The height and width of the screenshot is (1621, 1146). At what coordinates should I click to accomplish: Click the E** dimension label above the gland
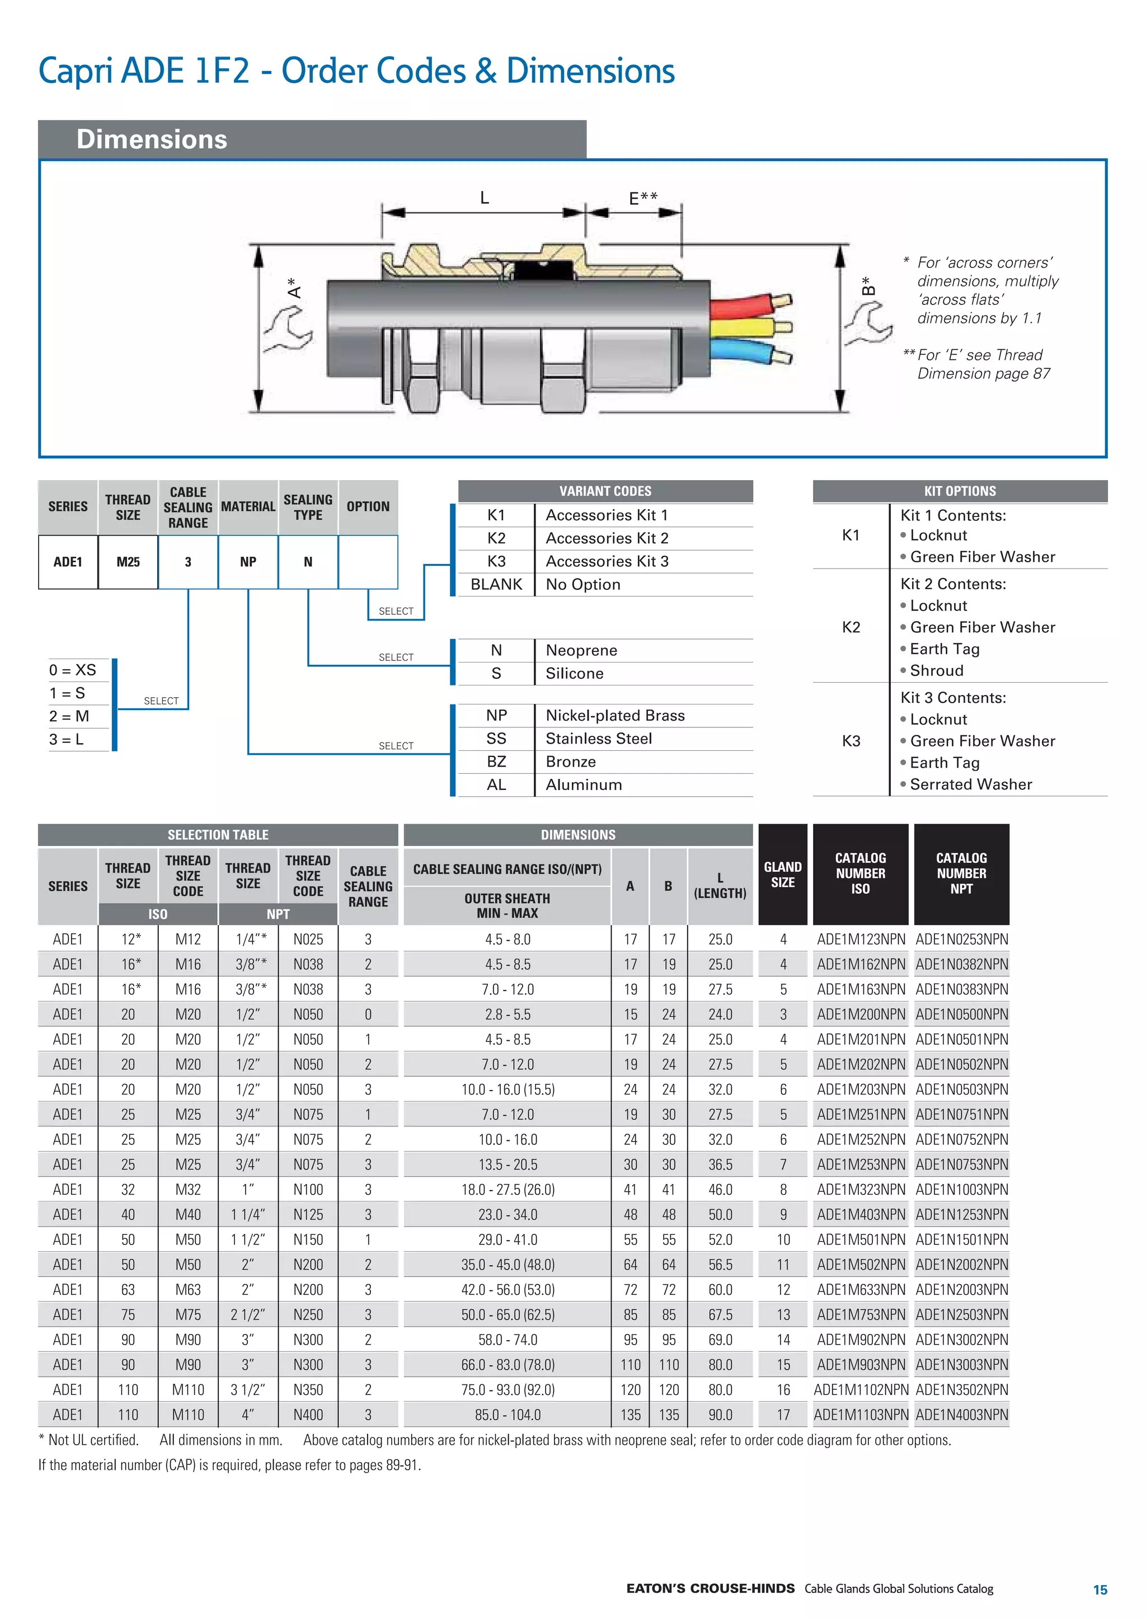(642, 199)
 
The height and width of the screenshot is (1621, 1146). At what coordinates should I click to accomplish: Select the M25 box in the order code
(128, 562)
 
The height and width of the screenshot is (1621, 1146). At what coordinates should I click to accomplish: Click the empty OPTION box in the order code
(368, 562)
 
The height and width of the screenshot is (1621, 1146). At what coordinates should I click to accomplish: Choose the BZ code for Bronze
(496, 762)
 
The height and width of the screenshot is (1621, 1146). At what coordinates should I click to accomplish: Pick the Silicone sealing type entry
(574, 674)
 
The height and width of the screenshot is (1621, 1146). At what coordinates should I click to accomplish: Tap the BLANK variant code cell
(496, 585)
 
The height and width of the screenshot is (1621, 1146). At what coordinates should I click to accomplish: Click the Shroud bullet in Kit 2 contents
(936, 671)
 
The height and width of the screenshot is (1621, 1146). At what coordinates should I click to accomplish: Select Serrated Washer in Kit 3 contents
(970, 784)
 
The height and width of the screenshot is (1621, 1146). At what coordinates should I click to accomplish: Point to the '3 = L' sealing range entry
(67, 739)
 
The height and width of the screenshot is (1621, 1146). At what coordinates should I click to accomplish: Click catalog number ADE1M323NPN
(860, 1190)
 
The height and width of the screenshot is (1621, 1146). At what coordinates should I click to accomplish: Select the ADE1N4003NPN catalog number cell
(961, 1415)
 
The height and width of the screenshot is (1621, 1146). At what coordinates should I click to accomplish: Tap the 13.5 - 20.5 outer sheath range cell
(507, 1165)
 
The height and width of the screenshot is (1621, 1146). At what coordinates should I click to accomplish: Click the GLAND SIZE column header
(782, 875)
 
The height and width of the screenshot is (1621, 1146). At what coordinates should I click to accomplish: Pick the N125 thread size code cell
(308, 1215)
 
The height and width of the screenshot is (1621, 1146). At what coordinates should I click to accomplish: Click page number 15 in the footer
(1100, 1590)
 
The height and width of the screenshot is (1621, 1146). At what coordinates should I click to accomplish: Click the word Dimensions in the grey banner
(152, 139)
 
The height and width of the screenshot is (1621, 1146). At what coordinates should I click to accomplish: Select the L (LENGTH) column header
(720, 885)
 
